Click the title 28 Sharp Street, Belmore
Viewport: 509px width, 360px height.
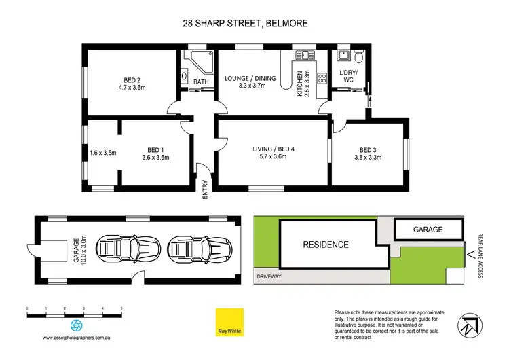coord(245,23)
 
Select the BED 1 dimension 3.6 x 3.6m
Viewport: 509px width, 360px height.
coord(156,158)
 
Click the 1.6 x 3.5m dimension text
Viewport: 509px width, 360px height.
coord(103,153)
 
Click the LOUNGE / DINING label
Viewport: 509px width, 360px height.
coord(250,78)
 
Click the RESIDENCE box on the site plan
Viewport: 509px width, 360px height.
coord(325,245)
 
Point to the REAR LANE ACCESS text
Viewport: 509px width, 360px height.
coord(480,254)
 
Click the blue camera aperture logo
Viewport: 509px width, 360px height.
coord(77,325)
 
